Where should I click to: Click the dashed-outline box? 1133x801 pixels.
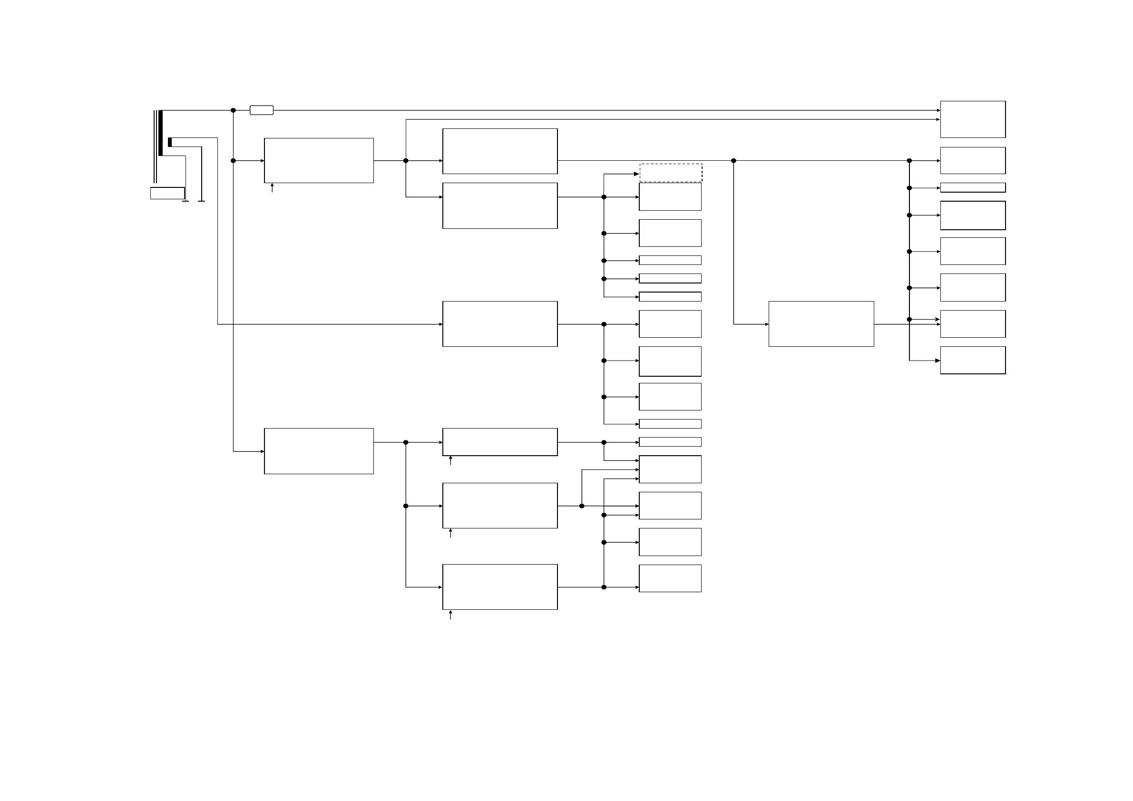point(671,173)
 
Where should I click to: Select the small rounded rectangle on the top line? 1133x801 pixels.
point(262,110)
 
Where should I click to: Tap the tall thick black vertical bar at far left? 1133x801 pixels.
point(160,133)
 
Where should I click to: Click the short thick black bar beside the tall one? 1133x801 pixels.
point(170,142)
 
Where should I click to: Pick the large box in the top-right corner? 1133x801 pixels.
point(973,119)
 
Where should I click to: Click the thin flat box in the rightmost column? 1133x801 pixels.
point(973,187)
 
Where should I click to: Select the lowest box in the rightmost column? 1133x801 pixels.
point(973,360)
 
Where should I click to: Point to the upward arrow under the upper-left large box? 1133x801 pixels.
point(272,187)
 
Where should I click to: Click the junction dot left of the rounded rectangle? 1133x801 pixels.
point(234,110)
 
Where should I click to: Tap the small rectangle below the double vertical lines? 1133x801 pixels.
point(167,193)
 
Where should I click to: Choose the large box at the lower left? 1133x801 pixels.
point(319,451)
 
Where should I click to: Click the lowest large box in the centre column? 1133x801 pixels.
point(500,587)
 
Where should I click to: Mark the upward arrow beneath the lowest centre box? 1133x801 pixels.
point(450,615)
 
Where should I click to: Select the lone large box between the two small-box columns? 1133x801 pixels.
point(821,324)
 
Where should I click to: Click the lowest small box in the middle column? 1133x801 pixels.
point(670,578)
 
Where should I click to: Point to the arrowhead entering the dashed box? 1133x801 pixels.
point(636,174)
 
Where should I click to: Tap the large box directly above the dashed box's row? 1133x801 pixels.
point(500,151)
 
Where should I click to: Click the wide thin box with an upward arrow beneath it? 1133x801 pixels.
point(500,442)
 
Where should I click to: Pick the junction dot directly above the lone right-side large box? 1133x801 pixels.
point(733,161)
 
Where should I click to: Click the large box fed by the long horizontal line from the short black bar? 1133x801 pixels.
point(500,324)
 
